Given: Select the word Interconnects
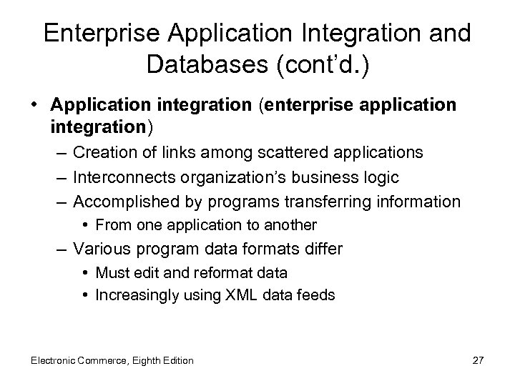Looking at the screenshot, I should [117, 177].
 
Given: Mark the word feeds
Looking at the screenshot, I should [318, 294].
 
